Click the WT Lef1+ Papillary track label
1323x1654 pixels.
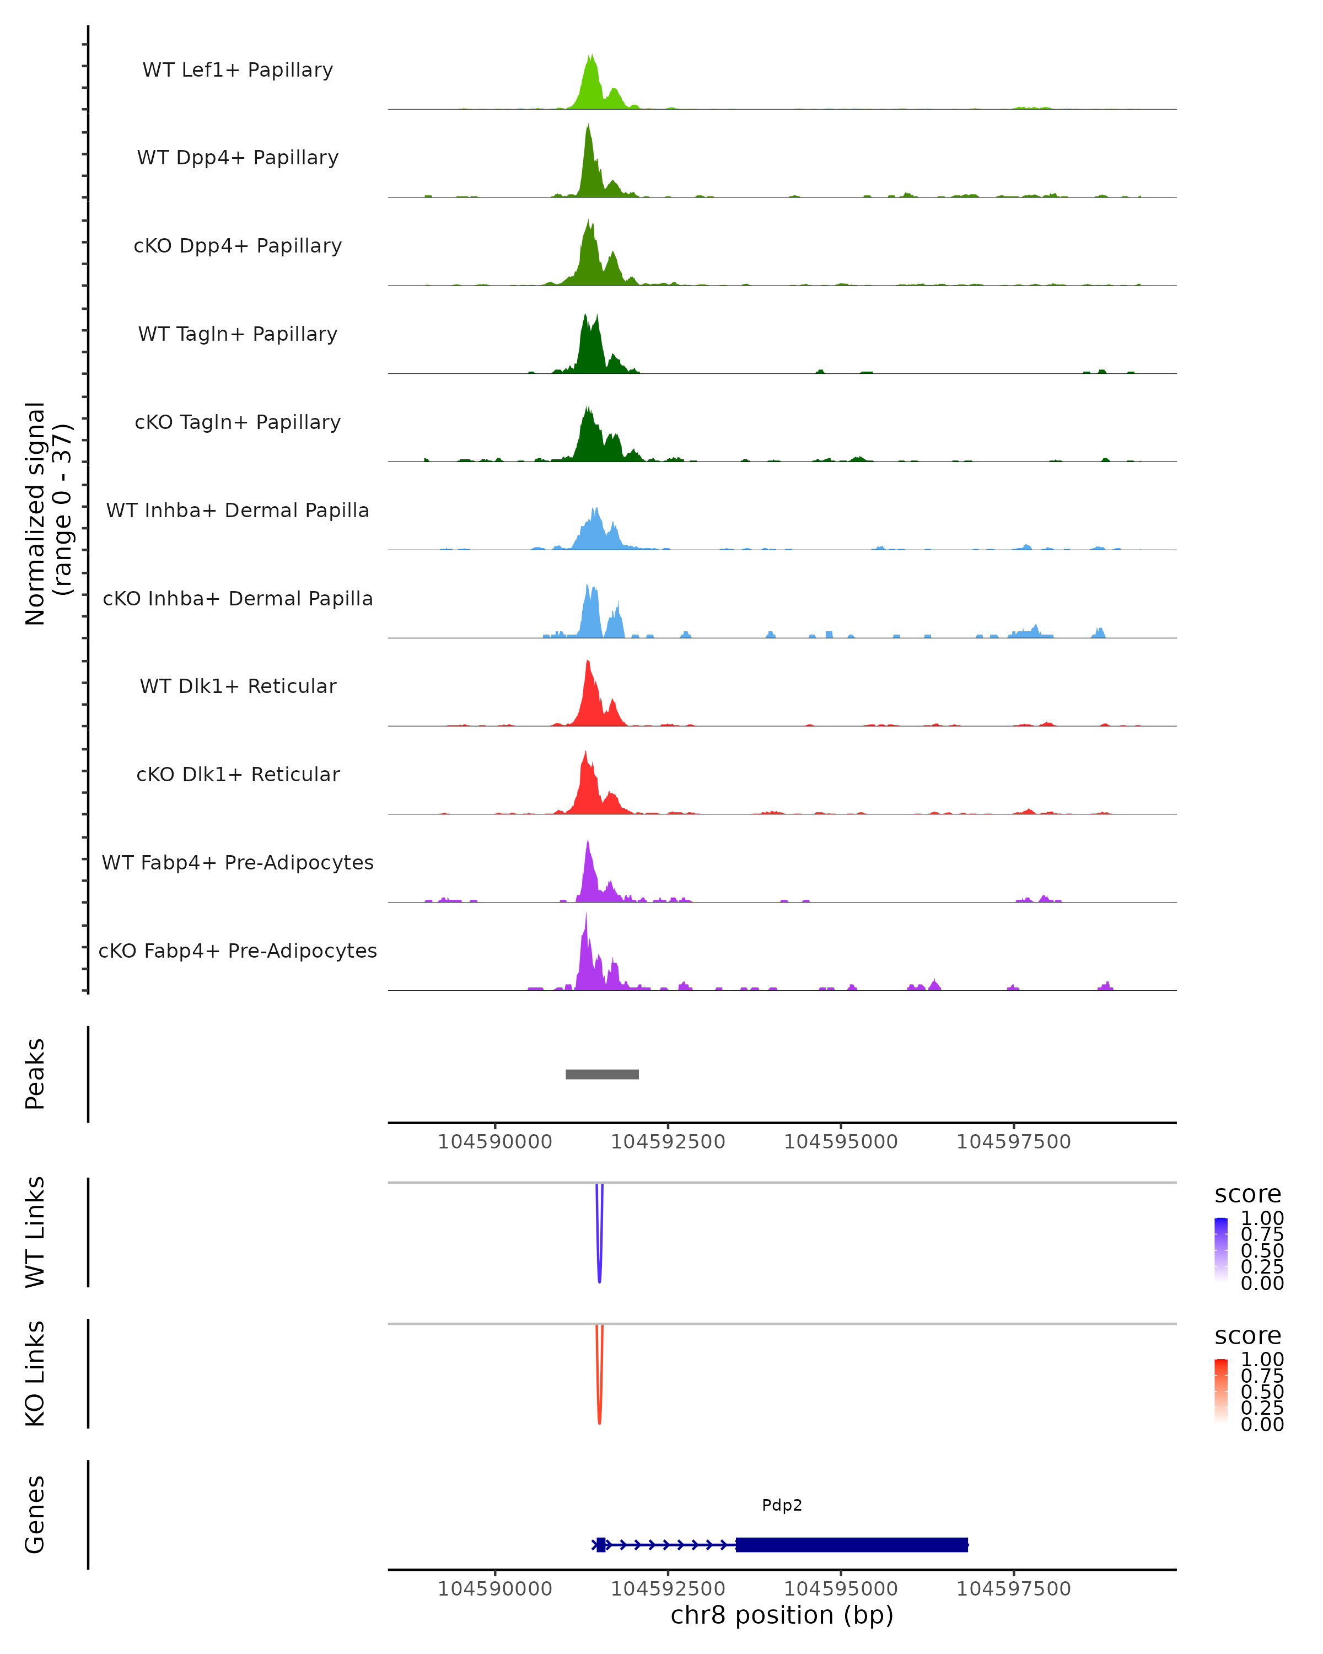(238, 70)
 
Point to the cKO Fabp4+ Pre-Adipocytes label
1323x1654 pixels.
(238, 950)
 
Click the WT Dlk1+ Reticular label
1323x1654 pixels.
(238, 686)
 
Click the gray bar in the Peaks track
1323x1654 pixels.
(602, 1074)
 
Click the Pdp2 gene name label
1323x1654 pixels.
(782, 1505)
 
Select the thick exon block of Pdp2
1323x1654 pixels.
(851, 1544)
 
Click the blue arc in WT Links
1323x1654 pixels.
(599, 1258)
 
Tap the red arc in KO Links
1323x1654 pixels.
(599, 1399)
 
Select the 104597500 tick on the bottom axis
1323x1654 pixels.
(1013, 1589)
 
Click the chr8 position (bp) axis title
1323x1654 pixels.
(782, 1615)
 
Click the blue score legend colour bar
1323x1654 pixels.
(1221, 1250)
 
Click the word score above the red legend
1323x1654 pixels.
(1247, 1336)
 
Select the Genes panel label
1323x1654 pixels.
(35, 1515)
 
